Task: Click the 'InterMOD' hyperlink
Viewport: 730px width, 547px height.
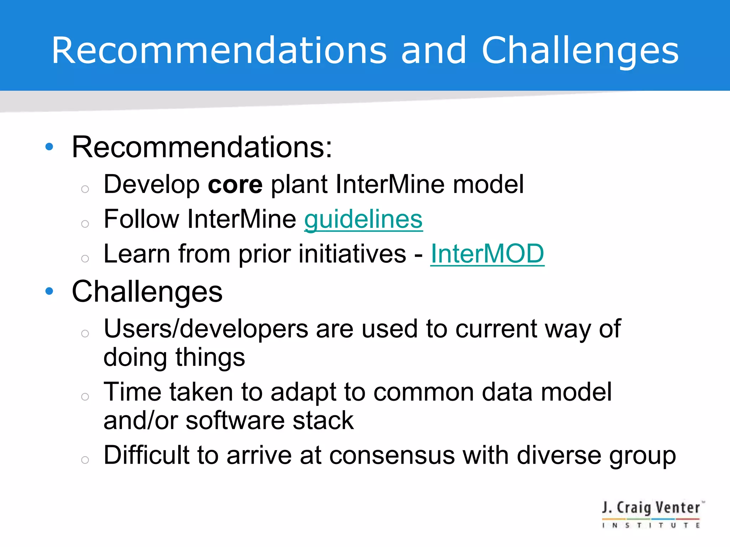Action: (487, 254)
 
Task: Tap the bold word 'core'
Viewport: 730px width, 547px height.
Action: (235, 184)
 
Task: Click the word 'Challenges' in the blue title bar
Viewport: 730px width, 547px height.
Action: (580, 51)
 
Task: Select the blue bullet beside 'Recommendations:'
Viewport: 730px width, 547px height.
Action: (50, 146)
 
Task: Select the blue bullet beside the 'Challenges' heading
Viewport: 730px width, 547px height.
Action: (50, 291)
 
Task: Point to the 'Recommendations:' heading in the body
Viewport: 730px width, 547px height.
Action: (202, 147)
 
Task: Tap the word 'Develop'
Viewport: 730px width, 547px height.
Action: (151, 185)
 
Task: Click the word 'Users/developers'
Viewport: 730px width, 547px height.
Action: (206, 329)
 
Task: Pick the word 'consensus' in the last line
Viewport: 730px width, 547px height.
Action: (392, 455)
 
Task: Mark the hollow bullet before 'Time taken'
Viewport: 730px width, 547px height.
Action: (85, 396)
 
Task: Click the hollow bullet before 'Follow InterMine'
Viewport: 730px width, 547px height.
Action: (85, 224)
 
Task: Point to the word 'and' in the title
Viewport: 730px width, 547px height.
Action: (433, 51)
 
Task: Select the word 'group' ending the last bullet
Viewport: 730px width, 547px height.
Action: (642, 456)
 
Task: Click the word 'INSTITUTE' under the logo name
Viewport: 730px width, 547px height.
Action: (651, 525)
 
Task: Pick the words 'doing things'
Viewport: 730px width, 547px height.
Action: (174, 358)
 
